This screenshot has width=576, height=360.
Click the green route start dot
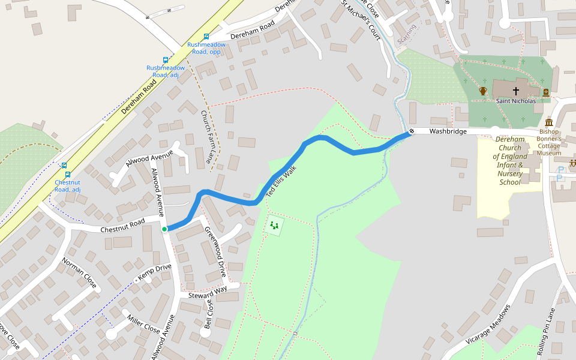pos(164,229)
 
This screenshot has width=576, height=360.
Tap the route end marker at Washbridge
pos(412,131)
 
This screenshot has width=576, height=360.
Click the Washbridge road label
pos(448,131)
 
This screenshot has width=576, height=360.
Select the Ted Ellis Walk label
pos(281,182)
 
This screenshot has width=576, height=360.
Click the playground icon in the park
pos(274,225)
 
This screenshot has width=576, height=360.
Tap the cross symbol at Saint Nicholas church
pos(515,91)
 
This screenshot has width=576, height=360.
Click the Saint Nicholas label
pos(515,101)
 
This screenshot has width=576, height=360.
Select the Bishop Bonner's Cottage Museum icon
pos(549,122)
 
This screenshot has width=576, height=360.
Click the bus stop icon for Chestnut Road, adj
pos(64,166)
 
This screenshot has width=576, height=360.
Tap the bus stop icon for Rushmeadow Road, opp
pos(206,37)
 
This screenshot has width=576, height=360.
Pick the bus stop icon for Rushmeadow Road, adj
pos(166,60)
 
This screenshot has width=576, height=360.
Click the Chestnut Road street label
pos(122,226)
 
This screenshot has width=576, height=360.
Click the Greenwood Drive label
pos(215,251)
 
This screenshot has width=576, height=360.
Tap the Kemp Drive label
pos(155,273)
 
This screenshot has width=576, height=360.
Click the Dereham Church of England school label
pos(510,161)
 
